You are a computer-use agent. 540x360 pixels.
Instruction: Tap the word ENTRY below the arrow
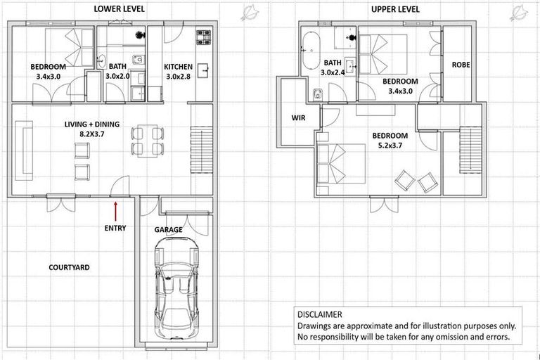click(x=115, y=228)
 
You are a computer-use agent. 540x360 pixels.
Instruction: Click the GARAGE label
click(x=168, y=229)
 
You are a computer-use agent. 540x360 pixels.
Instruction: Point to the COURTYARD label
click(x=69, y=268)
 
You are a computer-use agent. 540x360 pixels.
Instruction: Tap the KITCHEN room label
click(x=178, y=67)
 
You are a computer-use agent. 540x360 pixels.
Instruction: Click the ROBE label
click(x=461, y=65)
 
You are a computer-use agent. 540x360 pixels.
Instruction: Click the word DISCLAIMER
click(x=320, y=315)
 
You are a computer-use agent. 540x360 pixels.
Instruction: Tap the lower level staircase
click(x=202, y=151)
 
